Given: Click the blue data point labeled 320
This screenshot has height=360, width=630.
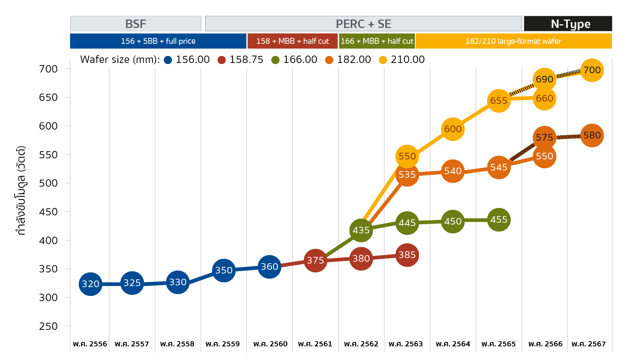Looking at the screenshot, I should (x=90, y=284).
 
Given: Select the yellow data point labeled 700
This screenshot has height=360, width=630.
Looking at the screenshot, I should (x=592, y=70).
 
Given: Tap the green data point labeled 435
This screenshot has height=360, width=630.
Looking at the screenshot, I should (x=361, y=230).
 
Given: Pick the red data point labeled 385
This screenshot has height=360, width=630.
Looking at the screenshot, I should (x=407, y=255).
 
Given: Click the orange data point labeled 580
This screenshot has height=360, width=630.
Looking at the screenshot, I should (x=592, y=135).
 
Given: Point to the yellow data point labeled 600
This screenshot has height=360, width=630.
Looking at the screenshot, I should (x=453, y=129).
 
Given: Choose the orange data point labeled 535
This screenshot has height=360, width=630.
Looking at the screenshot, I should (x=407, y=174).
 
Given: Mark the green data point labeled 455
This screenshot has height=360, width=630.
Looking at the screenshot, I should (x=499, y=220).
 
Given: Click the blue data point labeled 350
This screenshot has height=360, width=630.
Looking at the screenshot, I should (x=224, y=270).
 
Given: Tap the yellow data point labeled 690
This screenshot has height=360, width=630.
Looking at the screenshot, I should (x=544, y=79).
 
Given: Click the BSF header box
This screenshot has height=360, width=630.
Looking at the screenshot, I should (x=135, y=24).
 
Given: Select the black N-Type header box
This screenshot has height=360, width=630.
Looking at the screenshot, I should (x=568, y=24).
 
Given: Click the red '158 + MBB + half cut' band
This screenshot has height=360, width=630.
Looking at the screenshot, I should (x=292, y=41).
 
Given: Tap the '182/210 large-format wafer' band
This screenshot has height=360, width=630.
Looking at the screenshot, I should (x=513, y=41).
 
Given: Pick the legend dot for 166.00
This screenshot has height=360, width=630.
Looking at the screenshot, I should (x=275, y=60).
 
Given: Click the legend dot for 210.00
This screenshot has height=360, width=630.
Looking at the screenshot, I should (x=383, y=60).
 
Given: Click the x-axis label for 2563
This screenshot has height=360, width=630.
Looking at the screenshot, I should (x=406, y=344).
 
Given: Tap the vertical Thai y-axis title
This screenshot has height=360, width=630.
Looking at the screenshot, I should (x=21, y=190).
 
